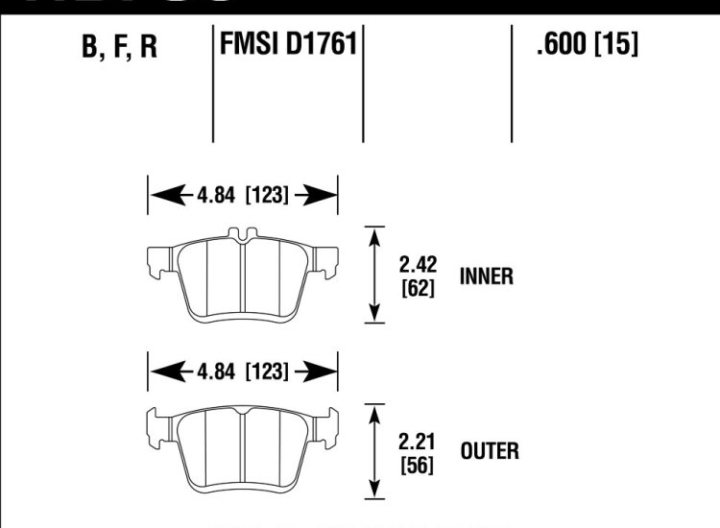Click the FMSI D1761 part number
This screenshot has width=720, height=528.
(x=288, y=45)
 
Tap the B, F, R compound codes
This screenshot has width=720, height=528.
(x=120, y=48)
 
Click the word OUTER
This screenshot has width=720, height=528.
(x=489, y=450)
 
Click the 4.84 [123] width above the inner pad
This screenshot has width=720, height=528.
(x=243, y=196)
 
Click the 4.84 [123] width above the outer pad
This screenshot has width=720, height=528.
(x=243, y=371)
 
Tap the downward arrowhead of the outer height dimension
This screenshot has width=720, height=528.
(x=373, y=492)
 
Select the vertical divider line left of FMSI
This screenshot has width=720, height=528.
(x=212, y=86)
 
